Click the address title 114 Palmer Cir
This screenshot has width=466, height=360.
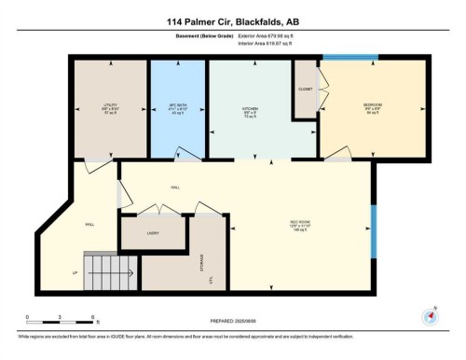pyautogui.click(x=234, y=21)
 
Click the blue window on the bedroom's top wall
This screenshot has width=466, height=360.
pyautogui.click(x=350, y=60)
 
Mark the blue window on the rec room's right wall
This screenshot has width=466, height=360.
pyautogui.click(x=372, y=229)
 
